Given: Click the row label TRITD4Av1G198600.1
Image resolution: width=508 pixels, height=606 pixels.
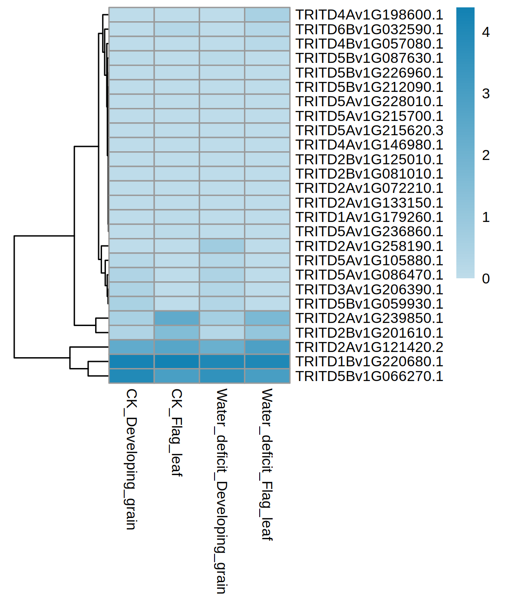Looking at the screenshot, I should tap(369, 15).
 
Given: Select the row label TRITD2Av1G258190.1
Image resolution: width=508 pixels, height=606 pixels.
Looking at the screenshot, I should tap(369, 246).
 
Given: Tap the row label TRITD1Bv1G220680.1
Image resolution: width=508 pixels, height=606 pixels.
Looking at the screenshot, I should tap(369, 362).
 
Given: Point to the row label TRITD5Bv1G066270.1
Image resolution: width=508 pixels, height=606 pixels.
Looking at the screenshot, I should tap(369, 376).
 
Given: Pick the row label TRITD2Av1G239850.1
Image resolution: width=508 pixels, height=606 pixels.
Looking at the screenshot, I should tap(369, 318).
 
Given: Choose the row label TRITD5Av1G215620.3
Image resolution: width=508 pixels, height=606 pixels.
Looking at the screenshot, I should tap(369, 130).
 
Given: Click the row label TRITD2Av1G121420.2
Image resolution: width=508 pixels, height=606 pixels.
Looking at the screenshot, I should tap(369, 347).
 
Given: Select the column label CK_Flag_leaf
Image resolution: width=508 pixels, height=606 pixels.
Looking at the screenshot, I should tap(176, 432).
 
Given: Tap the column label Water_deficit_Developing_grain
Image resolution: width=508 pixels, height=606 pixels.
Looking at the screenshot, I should tap(221, 491).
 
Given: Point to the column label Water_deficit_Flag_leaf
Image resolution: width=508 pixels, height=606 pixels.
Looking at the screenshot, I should tap(267, 464).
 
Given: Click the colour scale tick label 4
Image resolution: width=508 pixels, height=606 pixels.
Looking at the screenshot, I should tap(486, 32).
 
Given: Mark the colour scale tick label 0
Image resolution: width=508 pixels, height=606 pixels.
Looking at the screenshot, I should tap(486, 279).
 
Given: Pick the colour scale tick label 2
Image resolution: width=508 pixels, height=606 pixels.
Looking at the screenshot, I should tap(486, 155).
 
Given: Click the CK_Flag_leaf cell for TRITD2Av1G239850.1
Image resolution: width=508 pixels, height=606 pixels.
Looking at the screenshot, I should tap(177, 318).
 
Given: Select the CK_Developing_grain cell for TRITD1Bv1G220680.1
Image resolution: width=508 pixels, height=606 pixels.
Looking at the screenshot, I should tap(132, 362).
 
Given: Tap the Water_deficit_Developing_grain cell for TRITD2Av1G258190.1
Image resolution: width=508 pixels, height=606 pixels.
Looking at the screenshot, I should tap(222, 246).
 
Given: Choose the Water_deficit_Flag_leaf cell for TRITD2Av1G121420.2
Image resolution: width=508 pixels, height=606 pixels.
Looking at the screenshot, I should tap(267, 347).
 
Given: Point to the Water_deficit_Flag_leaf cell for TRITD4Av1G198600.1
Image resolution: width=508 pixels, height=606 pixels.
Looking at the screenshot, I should tap(267, 15).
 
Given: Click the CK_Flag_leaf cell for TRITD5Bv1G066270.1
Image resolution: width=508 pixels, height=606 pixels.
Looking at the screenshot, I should tap(177, 376).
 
